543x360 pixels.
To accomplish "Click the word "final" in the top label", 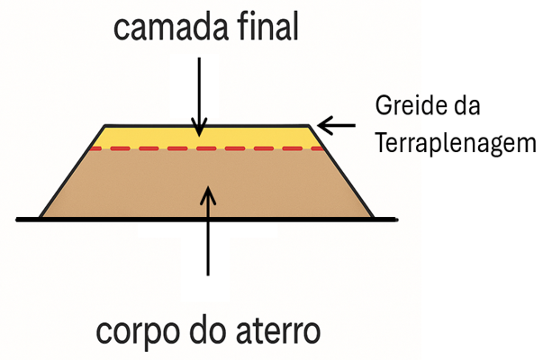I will click(x=268, y=29).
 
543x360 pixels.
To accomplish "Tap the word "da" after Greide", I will click(x=466, y=108).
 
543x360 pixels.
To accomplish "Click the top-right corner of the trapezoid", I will click(x=309, y=125).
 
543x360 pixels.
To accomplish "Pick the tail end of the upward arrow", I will click(x=208, y=274).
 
